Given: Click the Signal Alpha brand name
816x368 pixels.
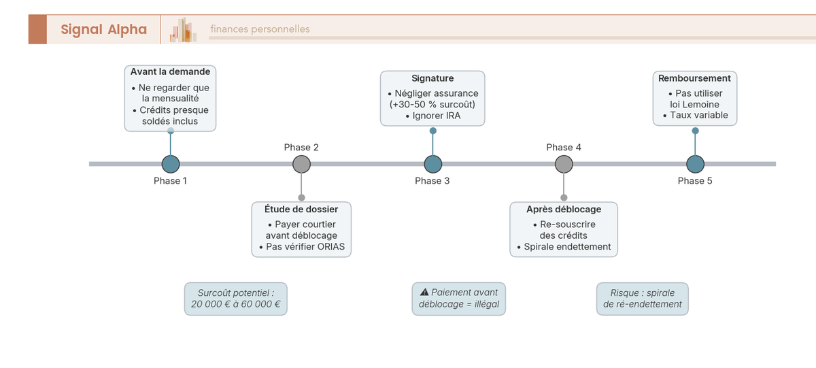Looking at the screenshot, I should [x=103, y=29].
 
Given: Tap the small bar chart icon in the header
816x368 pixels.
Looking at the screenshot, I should [x=183, y=30].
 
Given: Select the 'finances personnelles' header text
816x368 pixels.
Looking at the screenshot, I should [x=260, y=29].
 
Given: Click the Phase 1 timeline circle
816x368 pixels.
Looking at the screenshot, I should [x=171, y=164].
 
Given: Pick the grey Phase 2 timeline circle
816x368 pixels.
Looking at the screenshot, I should [x=301, y=164].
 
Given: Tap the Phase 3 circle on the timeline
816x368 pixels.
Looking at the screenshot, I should [x=432, y=164].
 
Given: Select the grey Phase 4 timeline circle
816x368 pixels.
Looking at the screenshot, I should [x=564, y=164].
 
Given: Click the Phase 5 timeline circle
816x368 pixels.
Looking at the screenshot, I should [x=695, y=164].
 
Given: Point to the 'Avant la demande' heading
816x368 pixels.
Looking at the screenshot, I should [x=170, y=71].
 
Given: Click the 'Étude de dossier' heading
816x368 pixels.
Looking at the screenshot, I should [x=301, y=209].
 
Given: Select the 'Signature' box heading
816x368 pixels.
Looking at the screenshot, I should [x=432, y=78].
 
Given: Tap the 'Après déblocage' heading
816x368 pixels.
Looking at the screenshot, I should [x=564, y=209].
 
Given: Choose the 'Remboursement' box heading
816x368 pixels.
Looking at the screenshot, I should [x=694, y=78].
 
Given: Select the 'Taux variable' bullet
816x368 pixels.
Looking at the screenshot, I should [x=698, y=115].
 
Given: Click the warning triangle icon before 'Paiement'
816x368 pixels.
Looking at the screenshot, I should [x=424, y=292].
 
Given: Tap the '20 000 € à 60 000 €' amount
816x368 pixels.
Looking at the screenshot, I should [x=235, y=304].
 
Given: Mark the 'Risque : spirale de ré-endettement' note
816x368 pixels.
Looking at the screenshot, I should [x=642, y=299].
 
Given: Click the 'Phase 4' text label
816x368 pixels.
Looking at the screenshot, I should [x=564, y=148].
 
